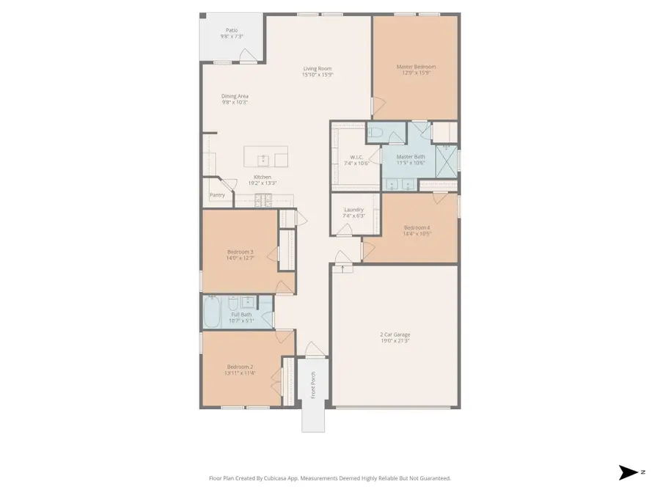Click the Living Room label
pos(318,68)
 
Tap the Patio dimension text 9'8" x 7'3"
pos(232,36)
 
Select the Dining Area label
pos(235,96)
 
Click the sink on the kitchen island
pos(260,158)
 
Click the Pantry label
pos(217,195)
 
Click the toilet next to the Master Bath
pos(376,133)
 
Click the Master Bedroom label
pos(415,67)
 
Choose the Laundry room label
pos(354,209)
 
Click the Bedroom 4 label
pos(417,228)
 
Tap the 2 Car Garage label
pos(395,334)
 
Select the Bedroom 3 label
pos(241,252)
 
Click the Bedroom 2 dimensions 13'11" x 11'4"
pos(241,373)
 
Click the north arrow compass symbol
pos(628,472)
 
